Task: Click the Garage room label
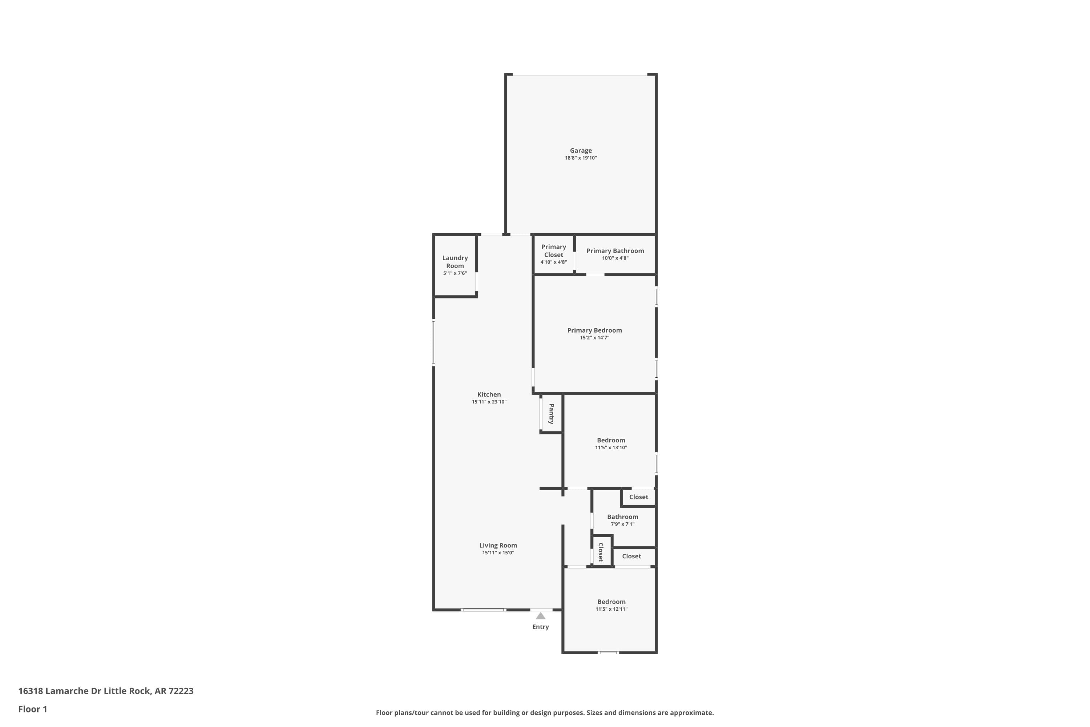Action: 581,151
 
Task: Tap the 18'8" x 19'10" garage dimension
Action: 581,158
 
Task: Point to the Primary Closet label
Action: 553,251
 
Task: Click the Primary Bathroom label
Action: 615,251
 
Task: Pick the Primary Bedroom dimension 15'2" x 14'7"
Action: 594,338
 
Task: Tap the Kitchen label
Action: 489,394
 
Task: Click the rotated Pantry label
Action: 552,414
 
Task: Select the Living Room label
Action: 498,545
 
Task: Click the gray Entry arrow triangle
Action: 540,616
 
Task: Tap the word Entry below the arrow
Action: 540,627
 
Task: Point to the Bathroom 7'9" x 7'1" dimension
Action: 622,524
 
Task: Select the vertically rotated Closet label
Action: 601,552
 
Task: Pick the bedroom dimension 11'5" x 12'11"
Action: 611,609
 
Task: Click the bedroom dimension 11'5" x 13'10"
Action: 611,447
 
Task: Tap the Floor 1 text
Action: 32,709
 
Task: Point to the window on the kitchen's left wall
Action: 434,342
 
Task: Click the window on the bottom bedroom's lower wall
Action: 608,652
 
